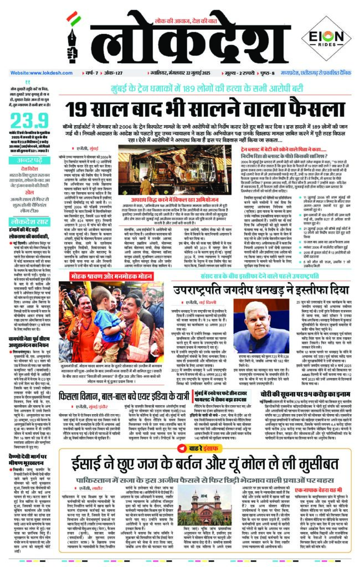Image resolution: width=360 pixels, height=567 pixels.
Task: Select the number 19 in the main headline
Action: coord(79,109)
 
